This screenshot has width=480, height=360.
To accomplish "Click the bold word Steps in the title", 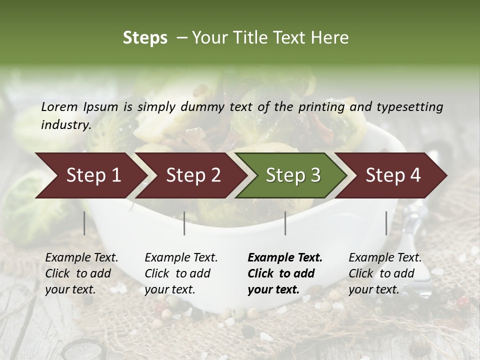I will point(145,38).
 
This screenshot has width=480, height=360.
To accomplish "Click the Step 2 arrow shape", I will point(192,175).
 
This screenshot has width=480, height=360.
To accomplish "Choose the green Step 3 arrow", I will point(292,175).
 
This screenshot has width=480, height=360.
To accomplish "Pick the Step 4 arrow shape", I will point(392,175).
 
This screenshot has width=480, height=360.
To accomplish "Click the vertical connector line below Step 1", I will point(84,223).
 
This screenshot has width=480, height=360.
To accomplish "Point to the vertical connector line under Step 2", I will point(184,223).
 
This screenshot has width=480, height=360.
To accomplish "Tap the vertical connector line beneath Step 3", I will point(285,223).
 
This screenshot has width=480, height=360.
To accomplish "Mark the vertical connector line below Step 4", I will point(386,223).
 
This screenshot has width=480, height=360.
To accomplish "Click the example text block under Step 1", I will point(81,273).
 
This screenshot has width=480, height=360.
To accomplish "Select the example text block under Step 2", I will point(181,273).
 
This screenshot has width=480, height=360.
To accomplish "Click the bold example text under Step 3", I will point(285,273).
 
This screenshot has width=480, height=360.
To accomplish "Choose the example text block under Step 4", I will point(385,273).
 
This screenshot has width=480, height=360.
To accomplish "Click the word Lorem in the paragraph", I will point(59,106).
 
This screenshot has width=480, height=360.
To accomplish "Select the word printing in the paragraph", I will point(321,106).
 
